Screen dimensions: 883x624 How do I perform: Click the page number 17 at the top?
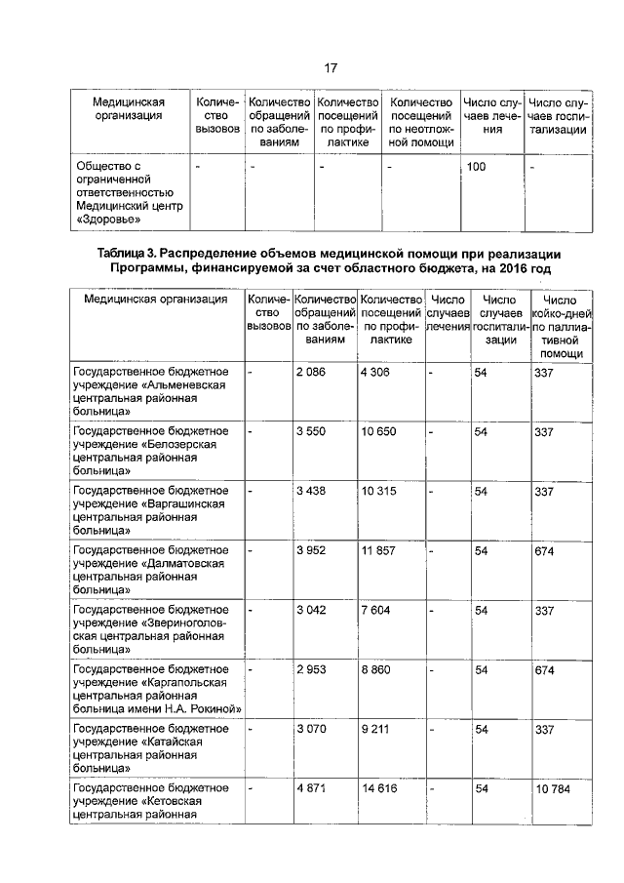(x=330, y=67)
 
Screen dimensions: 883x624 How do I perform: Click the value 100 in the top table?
(x=476, y=167)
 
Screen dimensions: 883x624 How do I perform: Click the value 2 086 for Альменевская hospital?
(x=312, y=373)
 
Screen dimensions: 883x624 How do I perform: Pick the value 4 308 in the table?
(x=377, y=373)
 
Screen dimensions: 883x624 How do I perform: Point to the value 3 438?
(x=312, y=491)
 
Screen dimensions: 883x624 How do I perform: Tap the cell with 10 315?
(x=378, y=491)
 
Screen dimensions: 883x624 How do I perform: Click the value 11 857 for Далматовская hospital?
(x=378, y=551)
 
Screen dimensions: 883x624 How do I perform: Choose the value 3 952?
(x=312, y=551)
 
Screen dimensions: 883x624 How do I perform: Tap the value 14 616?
(x=379, y=788)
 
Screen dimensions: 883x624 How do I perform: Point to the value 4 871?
(x=312, y=788)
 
